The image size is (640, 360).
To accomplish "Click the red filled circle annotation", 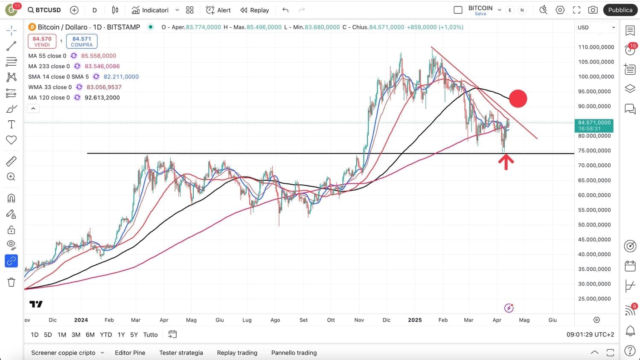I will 518,99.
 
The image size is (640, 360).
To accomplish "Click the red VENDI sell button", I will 42,41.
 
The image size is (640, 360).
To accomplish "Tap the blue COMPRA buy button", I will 81,41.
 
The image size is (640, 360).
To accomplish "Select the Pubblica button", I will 620,10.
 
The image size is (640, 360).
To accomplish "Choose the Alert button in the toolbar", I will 218,10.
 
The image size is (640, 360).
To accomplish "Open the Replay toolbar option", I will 255,10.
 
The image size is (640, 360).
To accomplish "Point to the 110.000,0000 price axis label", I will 596,47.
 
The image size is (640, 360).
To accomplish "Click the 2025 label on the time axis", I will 415,320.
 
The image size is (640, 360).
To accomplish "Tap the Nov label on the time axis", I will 359,320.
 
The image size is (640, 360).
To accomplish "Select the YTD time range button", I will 106,335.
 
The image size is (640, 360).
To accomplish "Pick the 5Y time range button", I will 134,335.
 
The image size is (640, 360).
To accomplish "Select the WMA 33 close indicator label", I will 50,87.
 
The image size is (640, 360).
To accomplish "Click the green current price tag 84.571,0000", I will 594,125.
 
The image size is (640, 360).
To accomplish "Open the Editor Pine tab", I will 130,353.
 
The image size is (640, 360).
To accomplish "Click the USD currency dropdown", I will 596,27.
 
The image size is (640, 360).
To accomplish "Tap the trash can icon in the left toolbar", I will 12,282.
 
